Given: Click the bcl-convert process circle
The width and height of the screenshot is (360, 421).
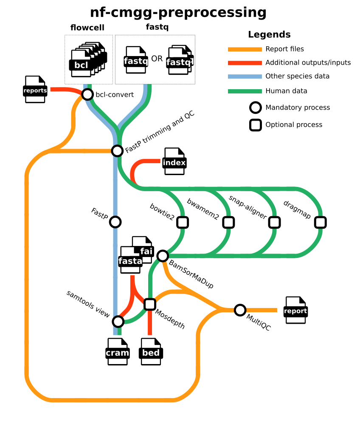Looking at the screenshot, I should [87, 94].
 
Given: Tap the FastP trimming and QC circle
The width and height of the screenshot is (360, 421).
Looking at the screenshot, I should [117, 150].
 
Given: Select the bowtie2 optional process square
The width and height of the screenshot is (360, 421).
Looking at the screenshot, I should [183, 222].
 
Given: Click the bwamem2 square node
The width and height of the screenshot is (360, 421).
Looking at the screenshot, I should [228, 222].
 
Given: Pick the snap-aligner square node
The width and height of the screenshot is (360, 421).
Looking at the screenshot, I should [274, 222].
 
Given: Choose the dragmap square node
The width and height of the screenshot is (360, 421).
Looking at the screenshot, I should [320, 222].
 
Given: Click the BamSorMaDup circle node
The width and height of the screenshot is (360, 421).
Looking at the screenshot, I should [163, 256].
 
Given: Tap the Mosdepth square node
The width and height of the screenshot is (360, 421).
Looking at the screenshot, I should [149, 304].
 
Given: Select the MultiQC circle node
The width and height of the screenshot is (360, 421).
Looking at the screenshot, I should [240, 310].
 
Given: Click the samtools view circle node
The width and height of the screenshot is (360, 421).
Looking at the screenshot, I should [118, 322].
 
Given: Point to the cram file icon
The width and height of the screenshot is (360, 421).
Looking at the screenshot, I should [117, 352].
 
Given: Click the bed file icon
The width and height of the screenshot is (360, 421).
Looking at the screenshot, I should [151, 352].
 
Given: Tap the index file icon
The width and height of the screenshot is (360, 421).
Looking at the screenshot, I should [174, 162].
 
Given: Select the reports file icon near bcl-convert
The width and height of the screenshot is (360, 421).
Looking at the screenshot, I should [35, 90].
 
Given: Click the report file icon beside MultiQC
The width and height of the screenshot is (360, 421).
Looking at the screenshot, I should [295, 311].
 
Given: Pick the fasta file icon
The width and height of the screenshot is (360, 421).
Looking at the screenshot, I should [130, 260].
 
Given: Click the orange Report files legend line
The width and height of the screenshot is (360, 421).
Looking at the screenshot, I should [245, 49].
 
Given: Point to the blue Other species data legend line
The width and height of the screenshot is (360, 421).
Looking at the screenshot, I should [245, 77].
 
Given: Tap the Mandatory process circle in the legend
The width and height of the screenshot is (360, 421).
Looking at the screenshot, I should [255, 108].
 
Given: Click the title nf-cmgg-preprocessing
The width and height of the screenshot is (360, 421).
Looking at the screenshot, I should [178, 12].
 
